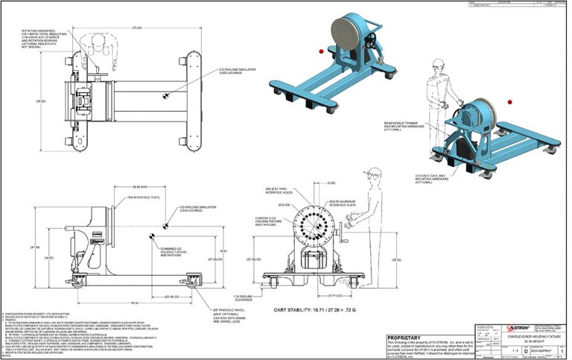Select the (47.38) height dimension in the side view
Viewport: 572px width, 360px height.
[x=32, y=246]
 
